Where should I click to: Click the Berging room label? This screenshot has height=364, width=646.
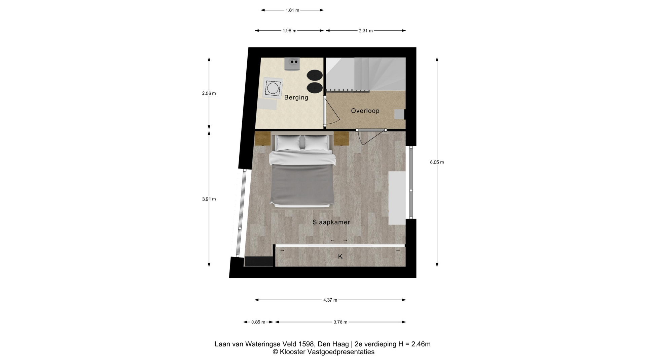click(x=296, y=97)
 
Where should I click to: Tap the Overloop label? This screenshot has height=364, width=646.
click(x=365, y=111)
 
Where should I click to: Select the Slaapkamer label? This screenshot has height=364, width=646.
click(x=331, y=222)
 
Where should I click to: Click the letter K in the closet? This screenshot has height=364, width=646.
click(x=340, y=256)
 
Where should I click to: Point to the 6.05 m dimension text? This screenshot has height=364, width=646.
click(x=437, y=162)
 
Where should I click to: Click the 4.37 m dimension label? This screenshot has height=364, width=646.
click(x=330, y=300)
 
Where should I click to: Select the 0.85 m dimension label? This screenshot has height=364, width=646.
click(x=258, y=322)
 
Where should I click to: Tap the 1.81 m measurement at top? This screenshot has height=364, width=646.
click(x=292, y=10)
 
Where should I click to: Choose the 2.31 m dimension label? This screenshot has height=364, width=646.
click(x=366, y=31)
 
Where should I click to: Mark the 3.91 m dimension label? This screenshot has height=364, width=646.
click(x=209, y=199)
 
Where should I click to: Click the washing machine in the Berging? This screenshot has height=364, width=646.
click(x=272, y=88)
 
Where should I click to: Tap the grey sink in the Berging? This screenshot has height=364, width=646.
click(x=292, y=64)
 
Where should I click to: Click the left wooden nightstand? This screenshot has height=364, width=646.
click(x=262, y=139)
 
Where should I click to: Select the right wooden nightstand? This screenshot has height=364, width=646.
click(x=342, y=139)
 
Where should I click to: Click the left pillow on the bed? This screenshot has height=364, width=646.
click(x=288, y=142)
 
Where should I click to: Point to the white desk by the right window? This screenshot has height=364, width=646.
click(x=397, y=198)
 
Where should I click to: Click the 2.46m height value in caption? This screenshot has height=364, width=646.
click(x=421, y=344)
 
